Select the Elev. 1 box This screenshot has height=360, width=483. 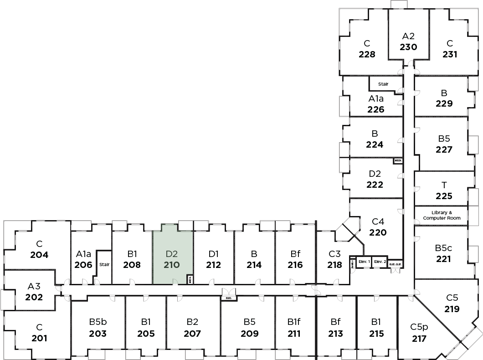tap(364, 262)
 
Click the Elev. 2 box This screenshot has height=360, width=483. tap(380, 262)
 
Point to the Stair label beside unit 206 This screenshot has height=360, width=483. tap(104, 264)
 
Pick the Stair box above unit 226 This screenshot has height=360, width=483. tap(383, 84)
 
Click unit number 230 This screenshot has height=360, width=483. tap(408, 46)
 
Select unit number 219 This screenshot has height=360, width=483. tap(452, 309)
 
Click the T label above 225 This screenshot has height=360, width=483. tap(444, 185)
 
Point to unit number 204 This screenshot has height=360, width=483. tap(39, 255)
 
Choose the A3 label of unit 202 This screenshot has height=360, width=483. tap(34, 286)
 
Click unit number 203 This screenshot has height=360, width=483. tap(98, 334)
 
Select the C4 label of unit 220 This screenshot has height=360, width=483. tap(378, 222)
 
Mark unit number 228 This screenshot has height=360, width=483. tap(367, 55)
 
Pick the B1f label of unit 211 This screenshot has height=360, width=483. tap(294, 322)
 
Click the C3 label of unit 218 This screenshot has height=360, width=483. tap(334, 254)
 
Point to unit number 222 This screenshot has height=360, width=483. tap(375, 185)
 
